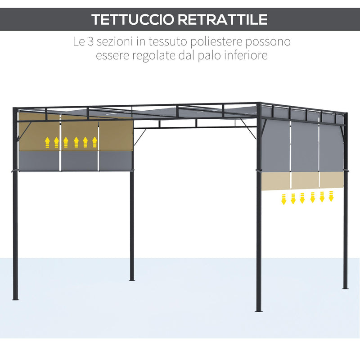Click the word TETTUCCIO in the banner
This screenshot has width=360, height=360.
pyautogui.click(x=133, y=19)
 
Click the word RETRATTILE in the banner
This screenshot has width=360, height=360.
pyautogui.click(x=223, y=19)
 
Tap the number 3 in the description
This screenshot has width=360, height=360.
pyautogui.click(x=90, y=41)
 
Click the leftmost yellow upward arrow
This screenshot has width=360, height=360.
pyautogui.click(x=47, y=142)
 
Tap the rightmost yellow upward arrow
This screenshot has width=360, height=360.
pyautogui.click(x=94, y=142)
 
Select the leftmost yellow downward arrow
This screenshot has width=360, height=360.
pyautogui.click(x=284, y=199)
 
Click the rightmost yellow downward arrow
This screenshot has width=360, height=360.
pyautogui.click(x=331, y=196)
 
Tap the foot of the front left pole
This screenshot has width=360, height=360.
pyautogui.click(x=15, y=299)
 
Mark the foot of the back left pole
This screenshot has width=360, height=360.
pyautogui.click(x=132, y=279)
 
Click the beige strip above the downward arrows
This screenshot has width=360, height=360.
pyautogui.click(x=302, y=181)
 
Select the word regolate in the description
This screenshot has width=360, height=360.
pyautogui.click(x=153, y=56)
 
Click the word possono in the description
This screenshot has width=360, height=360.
pyautogui.click(x=268, y=42)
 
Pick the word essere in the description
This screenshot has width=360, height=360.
pyautogui.click(x=112, y=56)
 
